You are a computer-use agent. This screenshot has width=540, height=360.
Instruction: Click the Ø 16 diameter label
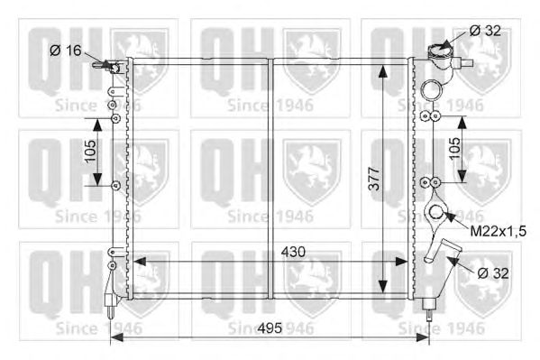coord(66,51)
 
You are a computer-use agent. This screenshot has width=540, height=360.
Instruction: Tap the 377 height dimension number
coord(374,179)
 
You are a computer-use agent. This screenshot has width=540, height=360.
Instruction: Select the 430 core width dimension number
coord(293,252)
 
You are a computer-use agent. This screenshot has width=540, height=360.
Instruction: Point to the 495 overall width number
coord(270,328)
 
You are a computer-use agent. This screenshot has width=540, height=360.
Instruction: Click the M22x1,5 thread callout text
coord(498,231)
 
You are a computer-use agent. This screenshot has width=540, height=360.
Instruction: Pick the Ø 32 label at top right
coord(485,31)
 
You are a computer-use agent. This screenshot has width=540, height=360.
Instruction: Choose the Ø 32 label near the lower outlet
coord(493,273)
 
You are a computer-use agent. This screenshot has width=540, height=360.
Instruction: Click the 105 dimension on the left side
coord(90,151)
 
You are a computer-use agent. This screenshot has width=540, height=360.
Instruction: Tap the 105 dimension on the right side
coord(454,148)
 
